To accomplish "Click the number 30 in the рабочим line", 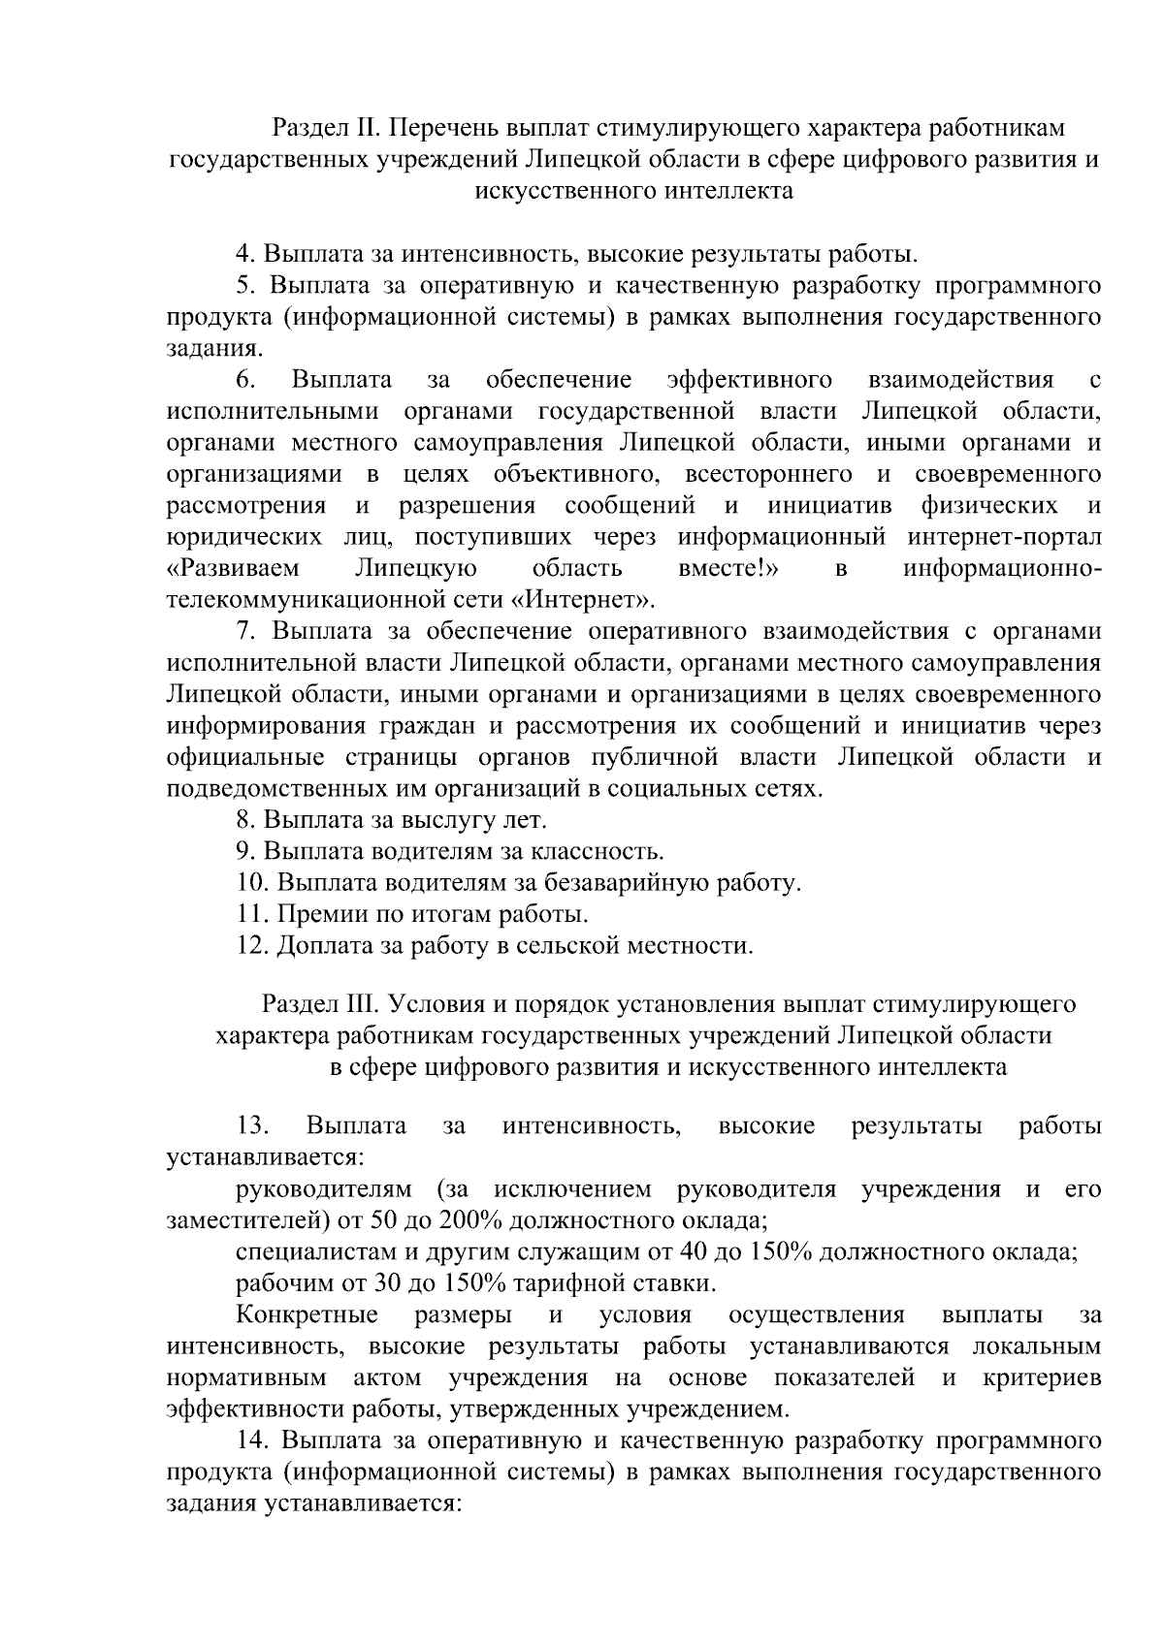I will (x=389, y=1282).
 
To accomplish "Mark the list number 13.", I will (x=251, y=1125).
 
